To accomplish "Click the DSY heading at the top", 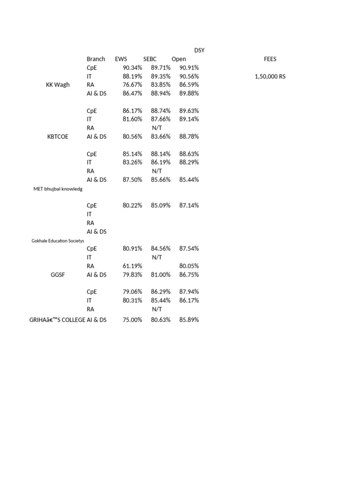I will (x=199, y=50).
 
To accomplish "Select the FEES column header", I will (x=270, y=59).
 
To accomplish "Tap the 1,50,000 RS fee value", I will (x=270, y=76).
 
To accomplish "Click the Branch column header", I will (x=96, y=59).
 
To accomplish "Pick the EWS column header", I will (x=121, y=59).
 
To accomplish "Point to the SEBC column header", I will (x=150, y=59).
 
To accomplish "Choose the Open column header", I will (x=179, y=59).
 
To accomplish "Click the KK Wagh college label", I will (x=58, y=85).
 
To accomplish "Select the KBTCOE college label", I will (x=58, y=136).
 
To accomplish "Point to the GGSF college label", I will (x=58, y=275).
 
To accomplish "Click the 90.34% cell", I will (x=132, y=67).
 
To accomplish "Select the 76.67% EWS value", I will (x=132, y=85).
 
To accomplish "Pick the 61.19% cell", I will (x=132, y=266).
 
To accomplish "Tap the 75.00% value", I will (x=132, y=320).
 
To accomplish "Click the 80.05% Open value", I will (x=189, y=266).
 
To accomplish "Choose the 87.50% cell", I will (x=132, y=180).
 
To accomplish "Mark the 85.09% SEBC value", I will (x=161, y=205).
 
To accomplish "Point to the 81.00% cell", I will (x=161, y=275).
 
